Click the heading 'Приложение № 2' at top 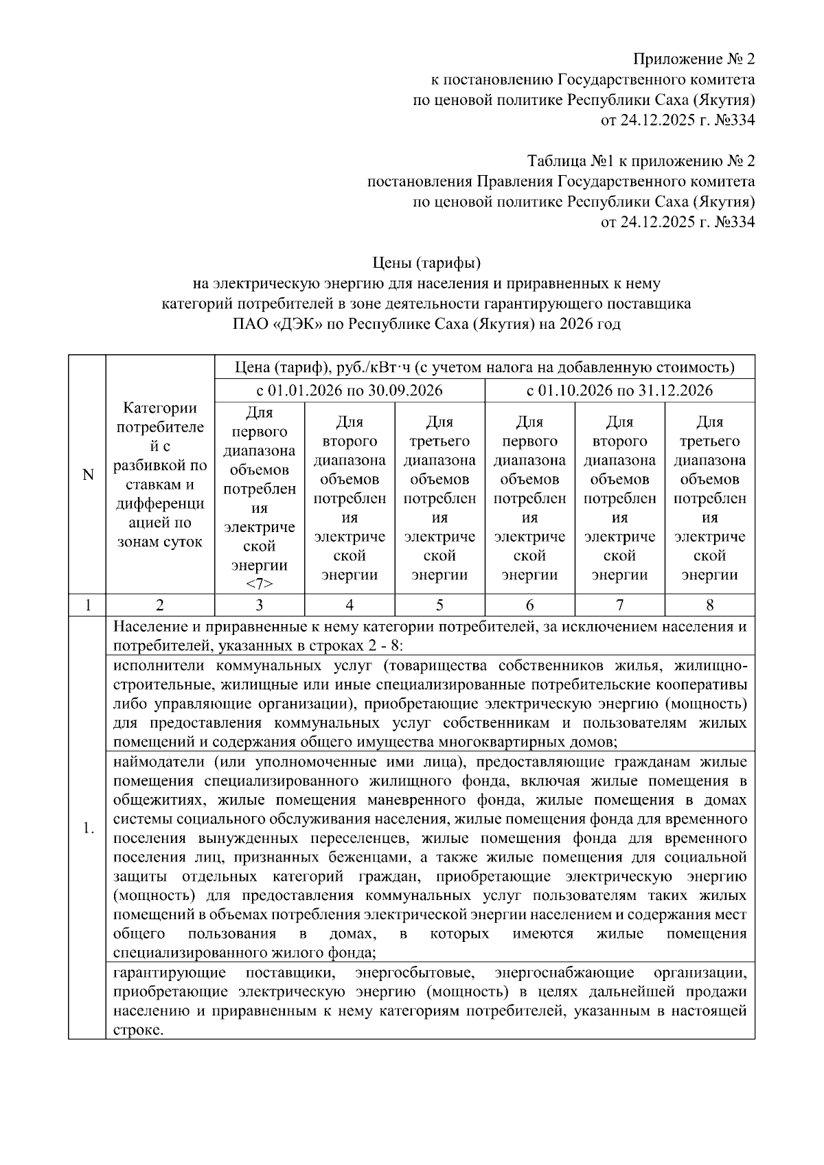coord(693,58)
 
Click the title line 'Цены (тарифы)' coord(426,263)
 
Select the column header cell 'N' coord(87,474)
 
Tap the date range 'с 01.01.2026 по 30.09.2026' coord(350,391)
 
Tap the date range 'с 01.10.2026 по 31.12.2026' coord(619,391)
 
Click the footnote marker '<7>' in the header coord(259,584)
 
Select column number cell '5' coord(439,605)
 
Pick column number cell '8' coord(709,605)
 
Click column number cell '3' coord(259,605)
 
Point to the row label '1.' coord(88,828)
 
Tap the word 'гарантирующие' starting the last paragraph coord(170,973)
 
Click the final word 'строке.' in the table coord(138,1030)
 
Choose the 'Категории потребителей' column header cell coord(160,474)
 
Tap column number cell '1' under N coord(87,605)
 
